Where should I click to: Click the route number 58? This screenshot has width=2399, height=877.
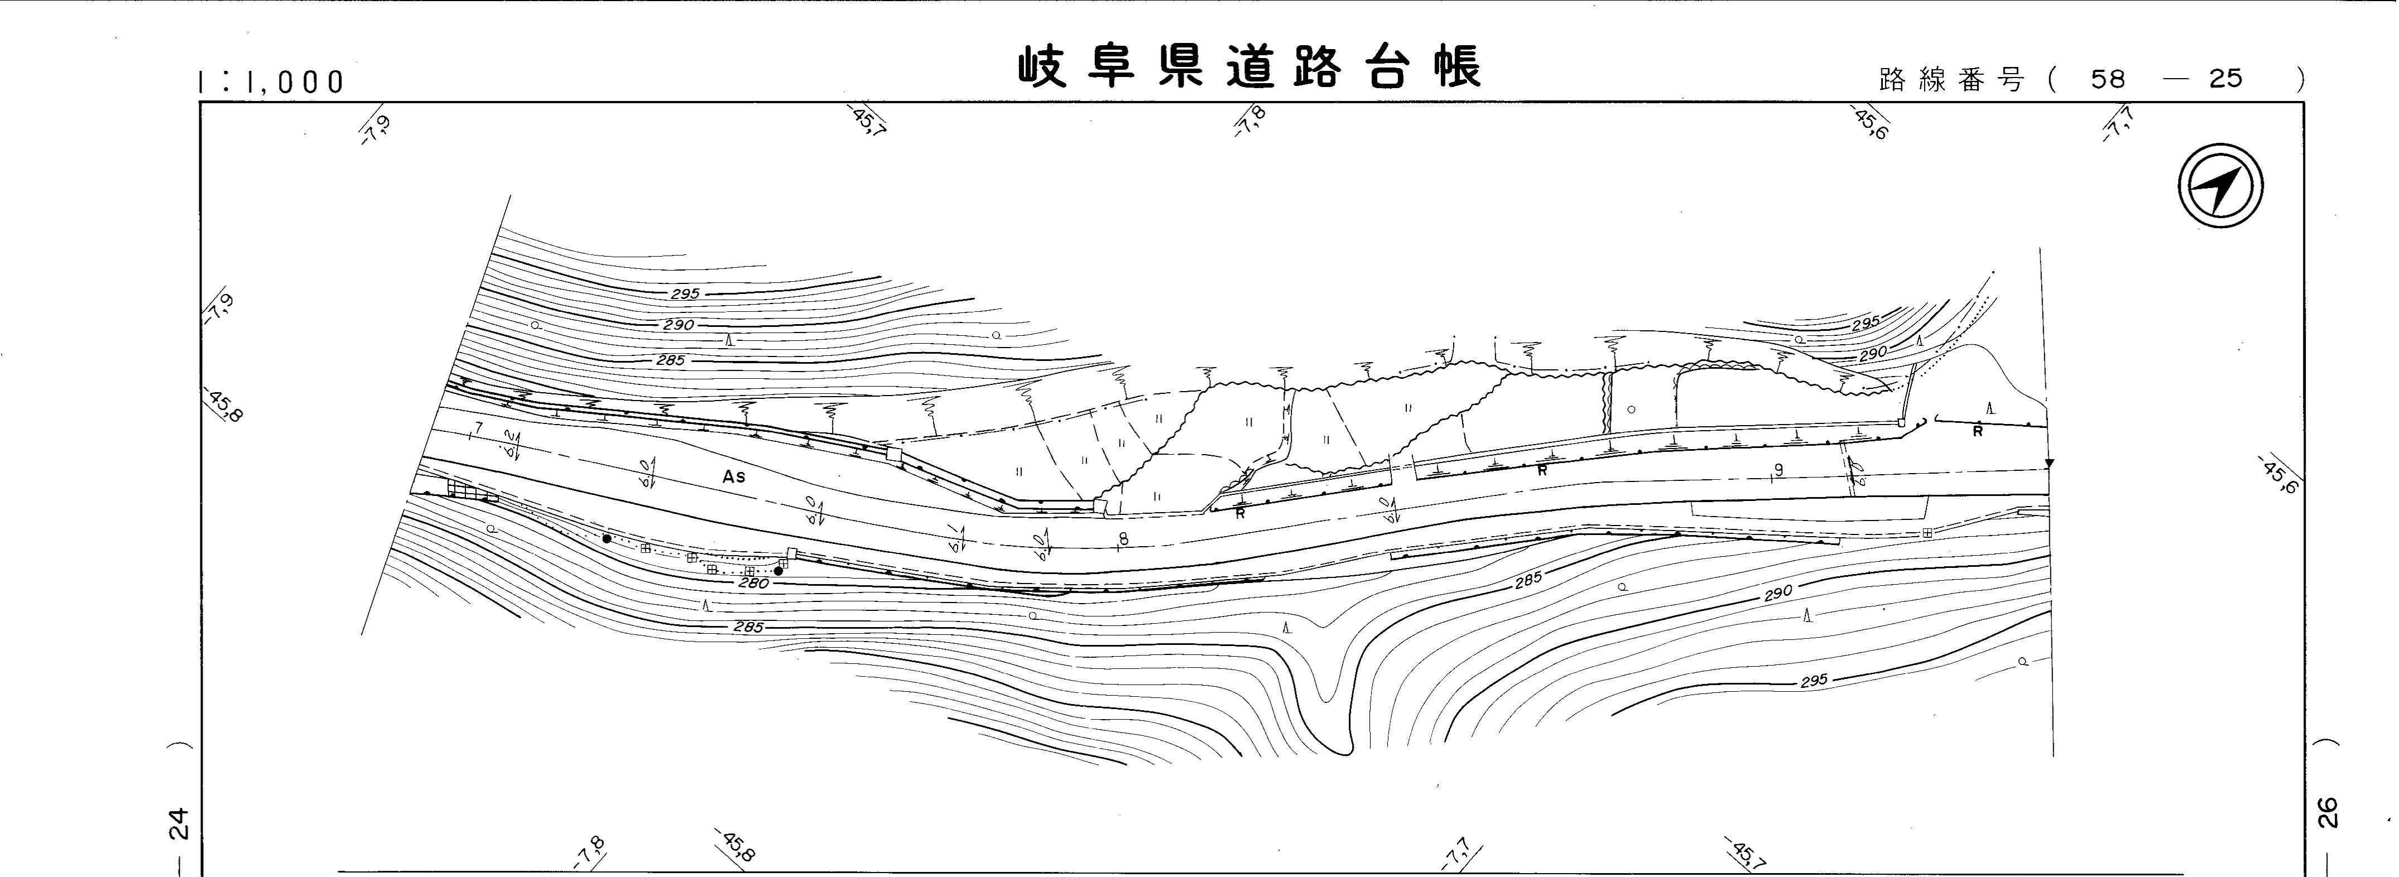coord(2108,79)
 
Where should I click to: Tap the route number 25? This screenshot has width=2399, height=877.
coord(2226,79)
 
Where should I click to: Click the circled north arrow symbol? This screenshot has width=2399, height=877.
coord(2221,185)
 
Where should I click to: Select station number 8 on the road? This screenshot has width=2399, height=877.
coord(1123,539)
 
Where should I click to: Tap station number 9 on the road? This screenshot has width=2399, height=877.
coord(1779,470)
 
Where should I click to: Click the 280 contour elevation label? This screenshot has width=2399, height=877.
coord(753,584)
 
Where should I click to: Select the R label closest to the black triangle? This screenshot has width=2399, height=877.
coord(1977,432)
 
